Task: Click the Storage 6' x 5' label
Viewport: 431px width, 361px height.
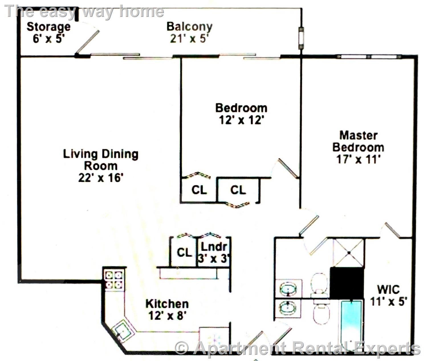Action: pyautogui.click(x=49, y=33)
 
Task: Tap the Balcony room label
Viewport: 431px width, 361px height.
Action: pyautogui.click(x=190, y=27)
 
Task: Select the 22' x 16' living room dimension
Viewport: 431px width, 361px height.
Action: pyautogui.click(x=101, y=178)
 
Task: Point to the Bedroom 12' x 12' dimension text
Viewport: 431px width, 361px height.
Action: pyautogui.click(x=241, y=120)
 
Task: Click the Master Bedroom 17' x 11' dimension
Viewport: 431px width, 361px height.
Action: pyautogui.click(x=358, y=159)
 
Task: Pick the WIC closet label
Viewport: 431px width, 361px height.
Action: pyautogui.click(x=389, y=290)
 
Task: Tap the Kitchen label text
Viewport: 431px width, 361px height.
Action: pyautogui.click(x=167, y=304)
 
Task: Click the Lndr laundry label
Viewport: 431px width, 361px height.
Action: pyautogui.click(x=214, y=247)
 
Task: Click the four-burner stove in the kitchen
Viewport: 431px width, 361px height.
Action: pyautogui.click(x=114, y=280)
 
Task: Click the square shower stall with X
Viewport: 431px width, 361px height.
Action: pyautogui.click(x=349, y=253)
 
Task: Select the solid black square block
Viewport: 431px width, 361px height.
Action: pyautogui.click(x=347, y=283)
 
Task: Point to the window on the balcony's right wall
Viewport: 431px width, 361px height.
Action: pyautogui.click(x=301, y=38)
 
